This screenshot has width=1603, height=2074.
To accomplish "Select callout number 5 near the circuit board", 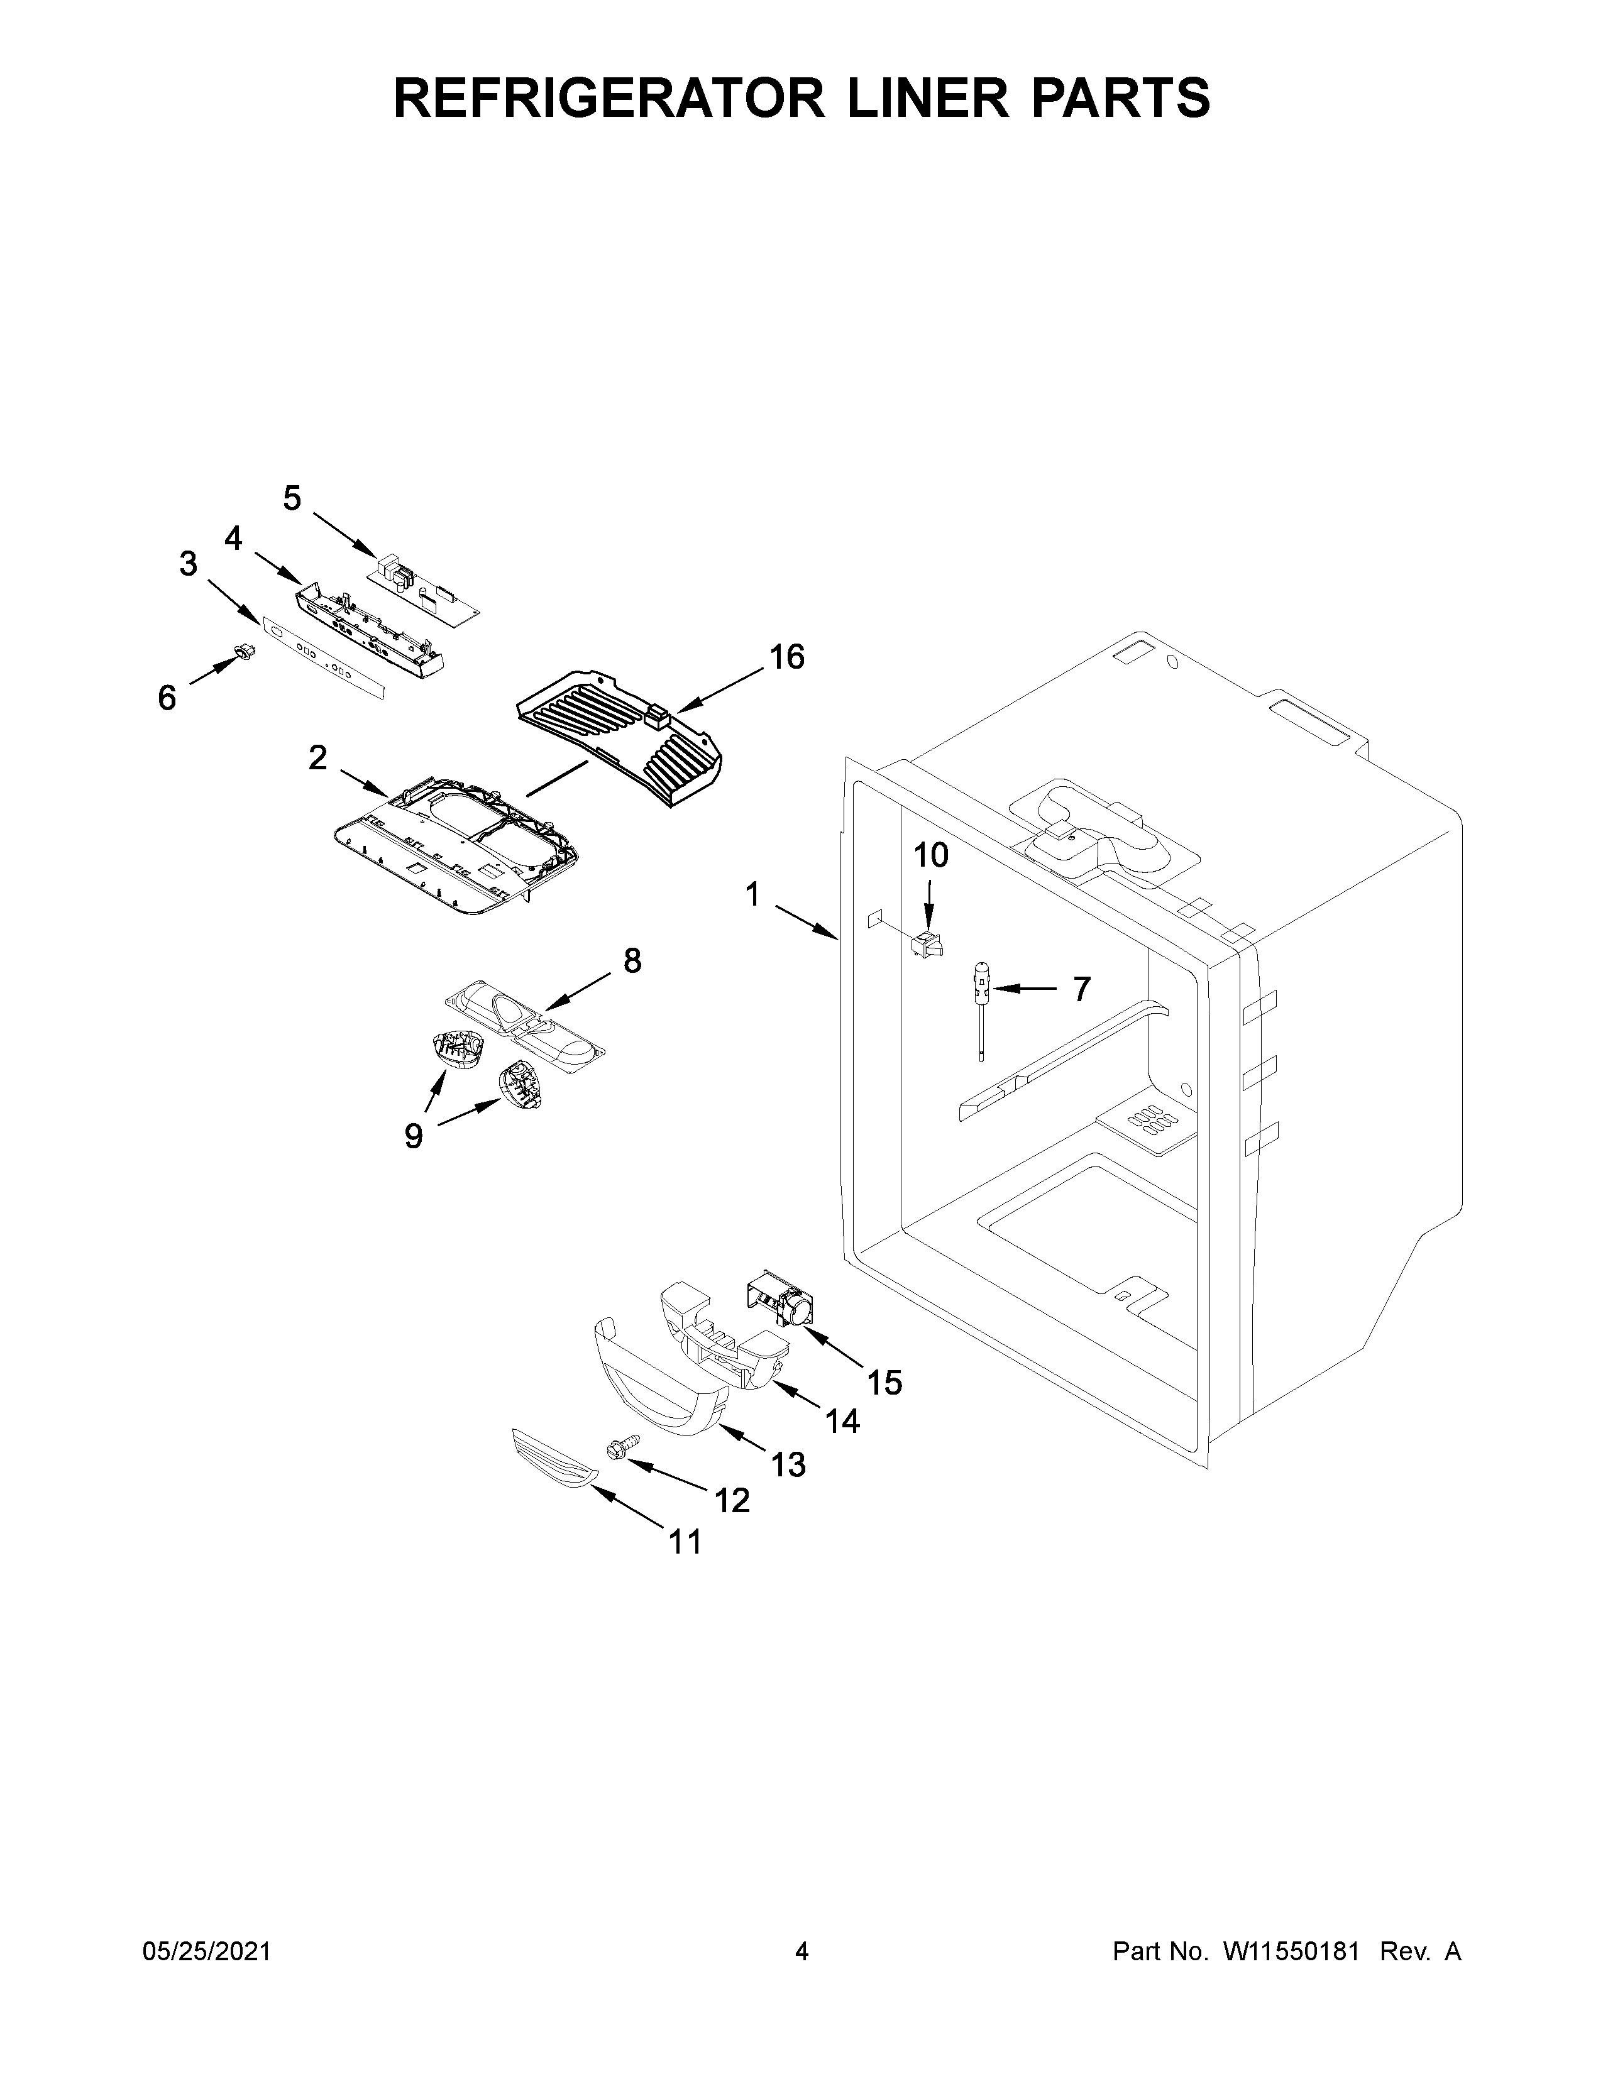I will click(x=292, y=498).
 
